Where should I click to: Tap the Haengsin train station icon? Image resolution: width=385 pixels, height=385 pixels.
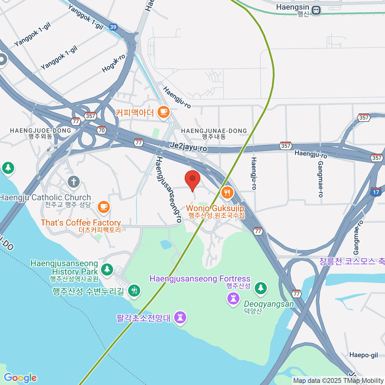tap(316, 10)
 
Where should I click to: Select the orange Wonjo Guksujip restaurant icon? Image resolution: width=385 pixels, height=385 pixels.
tap(227, 193)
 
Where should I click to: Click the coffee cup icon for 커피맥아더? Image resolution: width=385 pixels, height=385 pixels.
tap(164, 112)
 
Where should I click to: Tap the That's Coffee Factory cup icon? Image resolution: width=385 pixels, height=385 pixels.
tap(104, 207)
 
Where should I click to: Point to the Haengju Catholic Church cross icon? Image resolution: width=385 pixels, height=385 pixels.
tap(73, 182)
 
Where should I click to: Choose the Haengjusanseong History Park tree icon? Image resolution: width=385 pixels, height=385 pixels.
tap(107, 269)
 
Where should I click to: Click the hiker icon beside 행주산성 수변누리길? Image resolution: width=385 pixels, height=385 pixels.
tap(134, 290)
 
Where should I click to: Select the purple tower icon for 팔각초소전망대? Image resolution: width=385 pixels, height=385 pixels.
tap(180, 318)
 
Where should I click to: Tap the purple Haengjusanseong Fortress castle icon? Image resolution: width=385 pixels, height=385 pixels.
tap(233, 298)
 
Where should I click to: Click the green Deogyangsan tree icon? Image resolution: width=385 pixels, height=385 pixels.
tap(261, 288)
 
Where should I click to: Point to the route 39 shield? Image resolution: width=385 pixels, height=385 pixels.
tap(113, 27)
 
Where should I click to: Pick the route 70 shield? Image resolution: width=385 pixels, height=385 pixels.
tap(102, 130)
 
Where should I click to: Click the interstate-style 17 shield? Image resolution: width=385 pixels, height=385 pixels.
tap(376, 192)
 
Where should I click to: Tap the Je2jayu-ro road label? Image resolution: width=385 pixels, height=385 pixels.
tap(188, 147)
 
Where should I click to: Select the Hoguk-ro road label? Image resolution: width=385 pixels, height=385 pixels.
tap(114, 63)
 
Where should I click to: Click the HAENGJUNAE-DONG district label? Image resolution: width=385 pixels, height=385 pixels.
tap(214, 131)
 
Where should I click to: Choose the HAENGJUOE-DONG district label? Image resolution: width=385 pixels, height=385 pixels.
tap(40, 131)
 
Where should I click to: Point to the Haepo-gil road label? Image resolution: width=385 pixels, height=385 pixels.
tap(364, 355)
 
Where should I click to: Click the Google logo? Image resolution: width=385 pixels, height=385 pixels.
tap(21, 378)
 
